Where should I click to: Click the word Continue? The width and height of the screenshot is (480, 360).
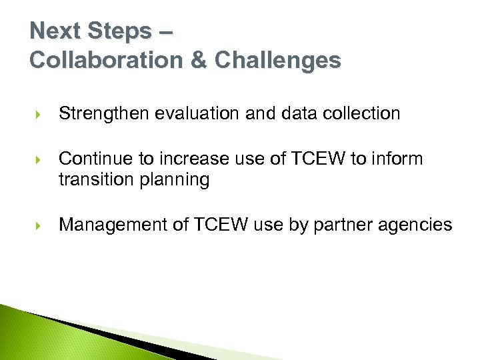(x=93, y=159)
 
